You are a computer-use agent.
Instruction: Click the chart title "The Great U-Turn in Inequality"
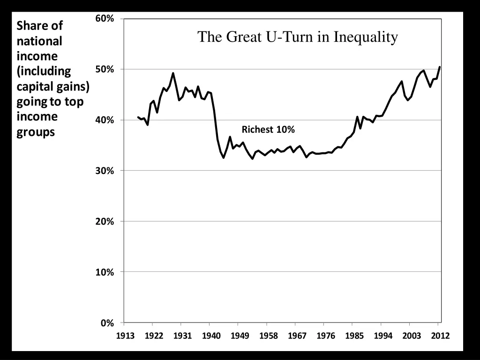(x=298, y=37)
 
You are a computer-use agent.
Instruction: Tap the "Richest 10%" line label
(x=268, y=130)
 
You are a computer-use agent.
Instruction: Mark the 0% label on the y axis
(x=107, y=323)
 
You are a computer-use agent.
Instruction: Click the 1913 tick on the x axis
(x=126, y=336)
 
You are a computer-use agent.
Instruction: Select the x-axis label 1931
(x=182, y=336)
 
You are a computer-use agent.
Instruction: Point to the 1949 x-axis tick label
(x=240, y=336)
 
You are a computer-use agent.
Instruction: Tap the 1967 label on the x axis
(x=297, y=336)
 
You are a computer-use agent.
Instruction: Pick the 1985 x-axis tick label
(x=354, y=336)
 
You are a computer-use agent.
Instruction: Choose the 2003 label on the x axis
(x=412, y=336)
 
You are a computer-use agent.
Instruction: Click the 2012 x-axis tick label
(x=440, y=336)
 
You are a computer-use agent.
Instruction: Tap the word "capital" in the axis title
(x=34, y=86)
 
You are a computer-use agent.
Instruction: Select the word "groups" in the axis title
(x=36, y=132)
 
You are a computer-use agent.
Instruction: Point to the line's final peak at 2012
(x=440, y=67)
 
